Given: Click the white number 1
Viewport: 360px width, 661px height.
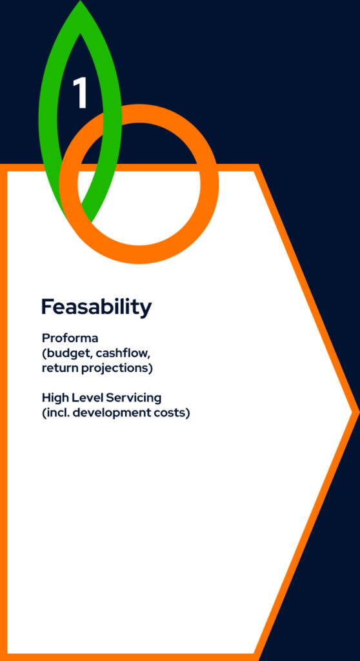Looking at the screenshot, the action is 80,93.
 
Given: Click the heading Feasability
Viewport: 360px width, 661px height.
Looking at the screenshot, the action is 97,307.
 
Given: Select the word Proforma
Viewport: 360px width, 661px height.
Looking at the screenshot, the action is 70,338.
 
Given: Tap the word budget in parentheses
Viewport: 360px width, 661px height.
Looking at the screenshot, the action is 68,353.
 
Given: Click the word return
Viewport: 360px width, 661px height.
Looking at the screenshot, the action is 59,368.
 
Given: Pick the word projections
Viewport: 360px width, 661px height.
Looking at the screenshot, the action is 115,369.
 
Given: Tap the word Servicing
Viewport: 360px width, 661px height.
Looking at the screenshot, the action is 133,398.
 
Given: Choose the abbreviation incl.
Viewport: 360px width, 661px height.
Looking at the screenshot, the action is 57,412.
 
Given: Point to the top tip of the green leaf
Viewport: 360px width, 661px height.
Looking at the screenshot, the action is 80,1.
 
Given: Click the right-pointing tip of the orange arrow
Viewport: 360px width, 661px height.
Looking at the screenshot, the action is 357,411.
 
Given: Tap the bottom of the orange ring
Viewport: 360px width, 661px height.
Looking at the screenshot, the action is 139,254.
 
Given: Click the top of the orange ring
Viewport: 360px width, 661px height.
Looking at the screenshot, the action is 139,114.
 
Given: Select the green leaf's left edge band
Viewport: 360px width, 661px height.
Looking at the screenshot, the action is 48,118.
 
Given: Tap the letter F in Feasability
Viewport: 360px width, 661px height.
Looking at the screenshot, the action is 47,307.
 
